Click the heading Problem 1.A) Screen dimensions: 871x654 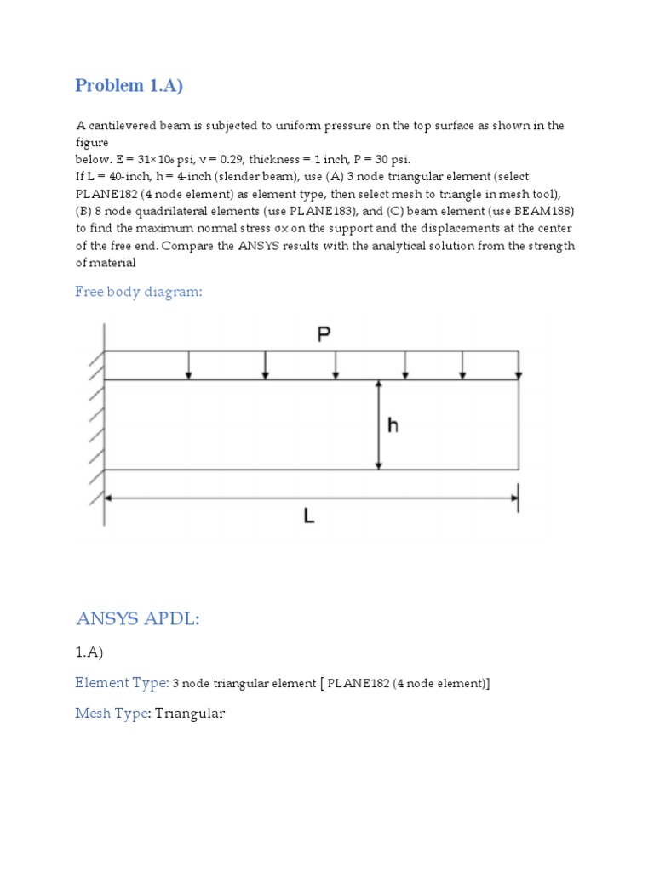[x=129, y=85]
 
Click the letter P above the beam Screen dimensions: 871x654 [x=324, y=335]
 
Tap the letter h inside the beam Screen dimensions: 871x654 [x=393, y=424]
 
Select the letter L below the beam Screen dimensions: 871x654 [x=309, y=515]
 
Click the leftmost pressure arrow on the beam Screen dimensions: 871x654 [x=189, y=365]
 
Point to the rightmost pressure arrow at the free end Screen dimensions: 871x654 [x=519, y=365]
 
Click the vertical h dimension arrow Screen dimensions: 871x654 [x=379, y=424]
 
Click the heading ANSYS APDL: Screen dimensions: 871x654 [x=137, y=618]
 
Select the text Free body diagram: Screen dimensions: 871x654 [x=139, y=292]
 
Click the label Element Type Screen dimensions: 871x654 [x=120, y=682]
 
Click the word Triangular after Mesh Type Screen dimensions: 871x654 [x=190, y=713]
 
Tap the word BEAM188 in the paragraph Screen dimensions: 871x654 [x=549, y=211]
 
